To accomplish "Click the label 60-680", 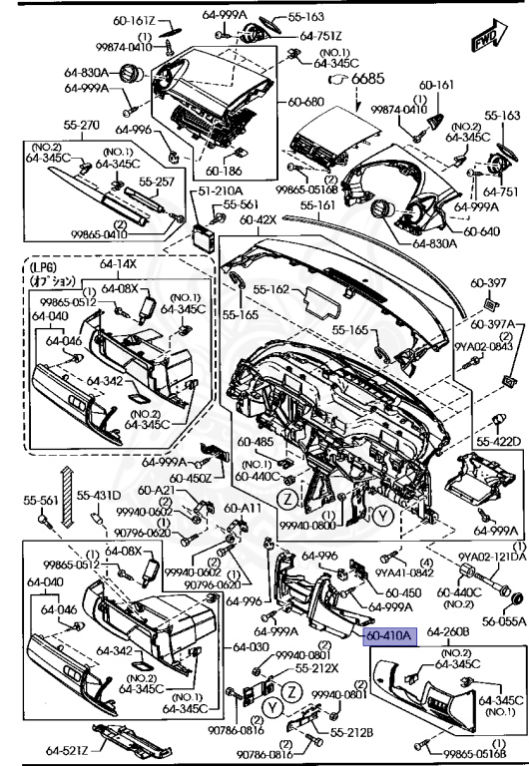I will click(308, 102).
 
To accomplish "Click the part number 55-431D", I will click(100, 496).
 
